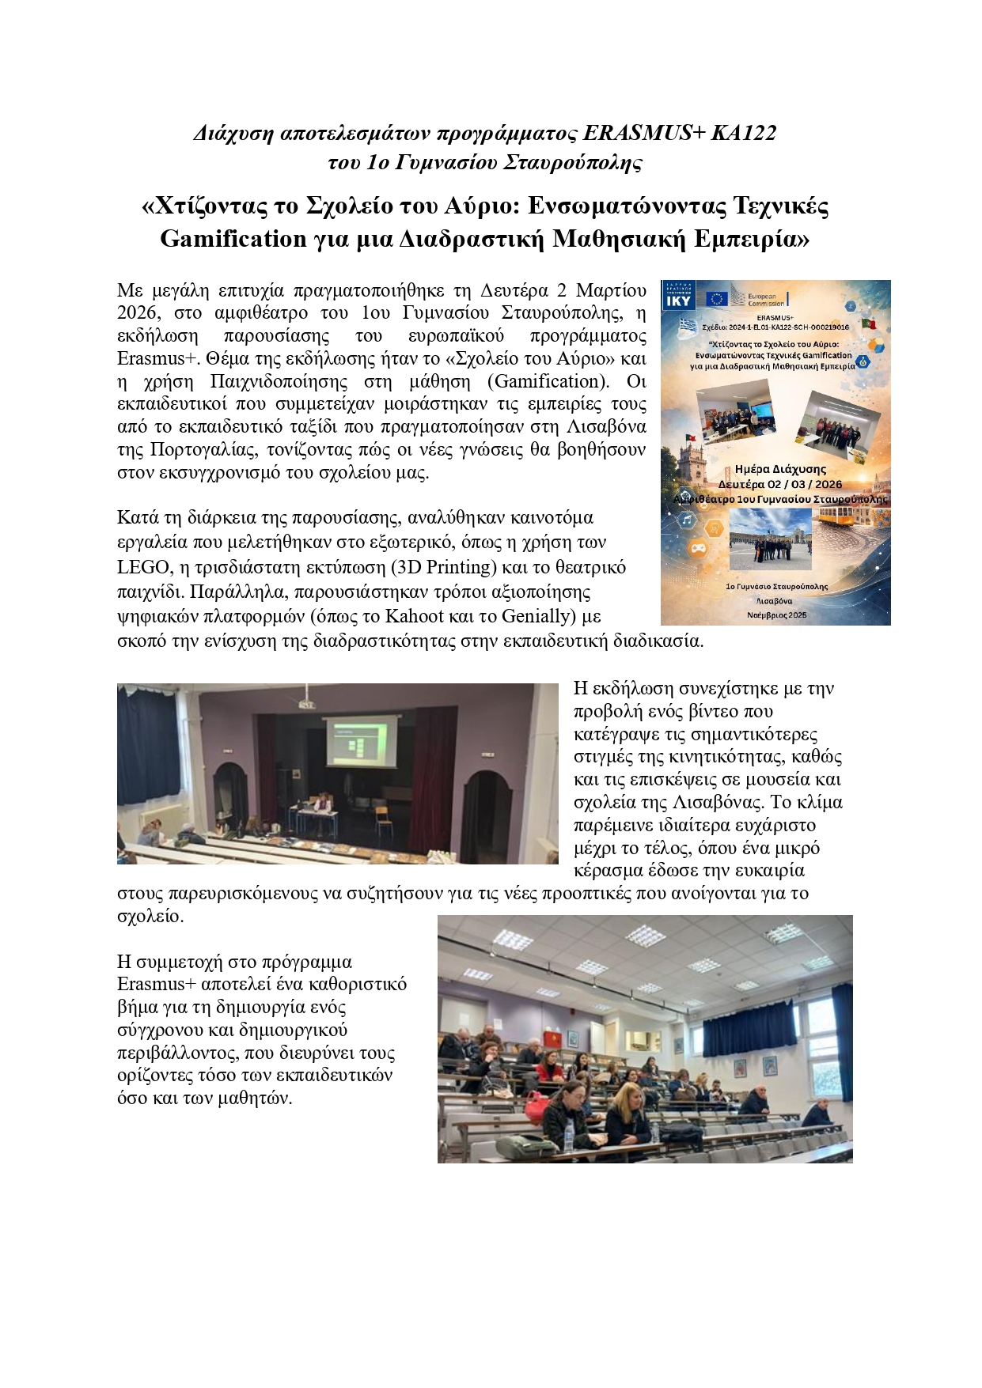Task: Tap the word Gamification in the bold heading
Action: (233, 238)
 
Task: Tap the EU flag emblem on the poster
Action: (717, 298)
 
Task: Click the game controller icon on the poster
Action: (697, 547)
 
